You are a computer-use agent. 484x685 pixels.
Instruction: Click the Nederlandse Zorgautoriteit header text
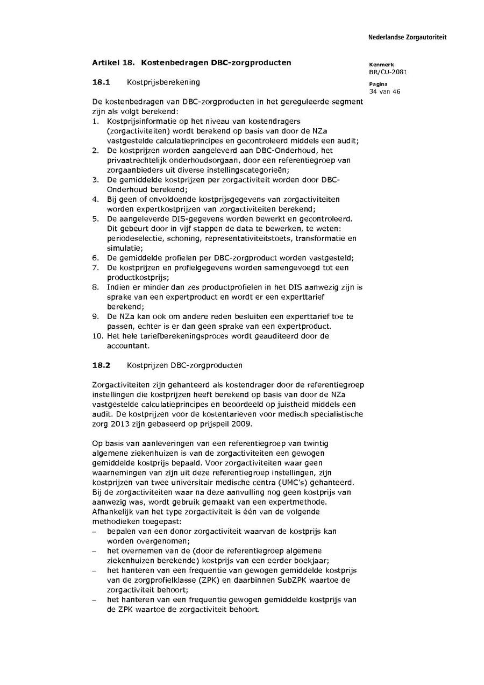(407, 38)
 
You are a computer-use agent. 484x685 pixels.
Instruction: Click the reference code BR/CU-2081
(388, 72)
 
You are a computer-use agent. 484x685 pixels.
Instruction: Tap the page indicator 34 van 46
(385, 91)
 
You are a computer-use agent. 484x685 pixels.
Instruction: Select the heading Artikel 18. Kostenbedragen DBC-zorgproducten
(191, 62)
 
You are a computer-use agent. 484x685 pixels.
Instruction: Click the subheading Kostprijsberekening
(163, 82)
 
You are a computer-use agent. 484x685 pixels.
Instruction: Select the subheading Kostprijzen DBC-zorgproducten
(184, 365)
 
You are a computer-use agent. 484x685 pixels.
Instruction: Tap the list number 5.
(95, 219)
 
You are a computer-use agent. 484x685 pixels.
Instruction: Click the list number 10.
(97, 336)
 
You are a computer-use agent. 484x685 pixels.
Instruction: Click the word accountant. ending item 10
(128, 346)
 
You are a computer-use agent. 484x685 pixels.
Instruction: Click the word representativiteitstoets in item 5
(250, 238)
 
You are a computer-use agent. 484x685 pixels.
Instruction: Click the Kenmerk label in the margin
(381, 65)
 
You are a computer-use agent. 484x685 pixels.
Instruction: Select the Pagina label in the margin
(379, 84)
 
